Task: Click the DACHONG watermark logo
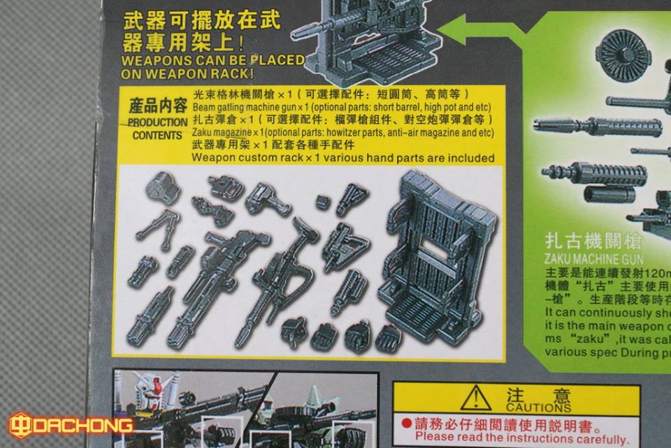(x=70, y=425)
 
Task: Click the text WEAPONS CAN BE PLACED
(x=213, y=60)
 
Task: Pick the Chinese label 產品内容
(x=158, y=107)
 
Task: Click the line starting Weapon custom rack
(x=343, y=158)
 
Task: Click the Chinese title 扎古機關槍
(x=591, y=244)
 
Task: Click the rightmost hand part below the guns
(x=389, y=338)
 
